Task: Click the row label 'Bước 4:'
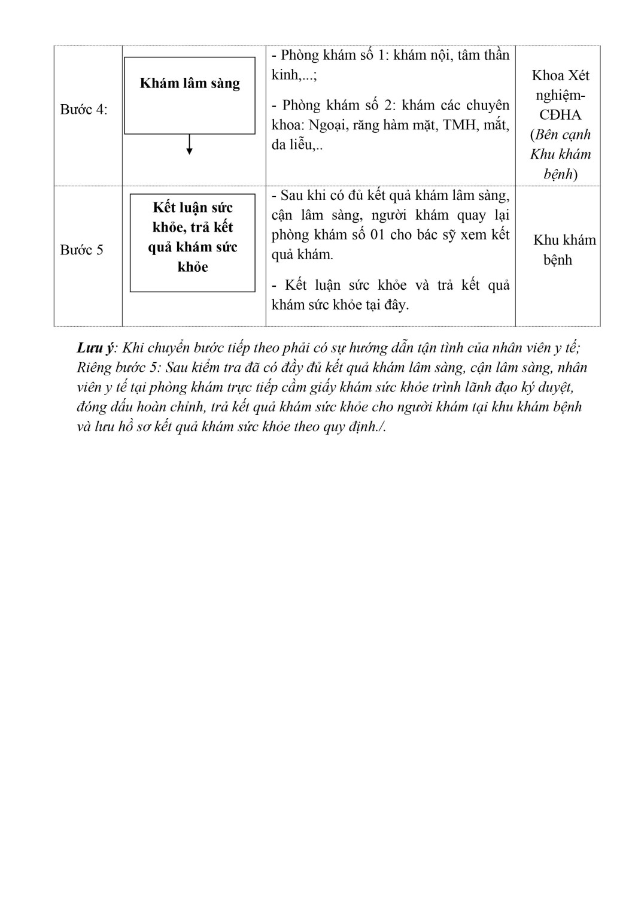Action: click(x=84, y=110)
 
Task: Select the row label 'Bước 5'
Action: click(x=81, y=250)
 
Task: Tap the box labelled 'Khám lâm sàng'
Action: click(x=190, y=95)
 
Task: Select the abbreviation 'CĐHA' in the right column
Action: click(x=560, y=114)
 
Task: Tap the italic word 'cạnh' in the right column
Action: click(x=575, y=135)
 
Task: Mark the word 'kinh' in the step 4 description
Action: click(x=285, y=75)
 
